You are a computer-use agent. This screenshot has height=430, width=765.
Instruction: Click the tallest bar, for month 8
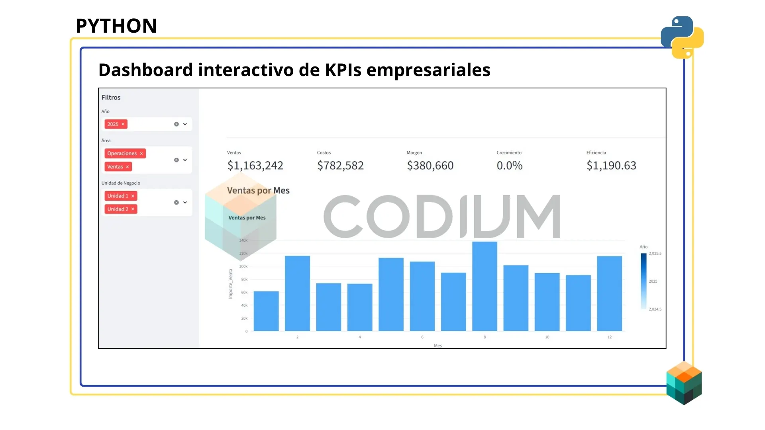pyautogui.click(x=484, y=286)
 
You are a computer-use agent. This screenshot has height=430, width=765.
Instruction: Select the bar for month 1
pyautogui.click(x=266, y=311)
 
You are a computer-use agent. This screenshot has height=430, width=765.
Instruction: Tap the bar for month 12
pyautogui.click(x=609, y=293)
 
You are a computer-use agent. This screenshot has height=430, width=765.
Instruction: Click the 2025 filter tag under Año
pyautogui.click(x=113, y=124)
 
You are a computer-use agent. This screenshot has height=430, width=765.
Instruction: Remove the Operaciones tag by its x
pyautogui.click(x=141, y=154)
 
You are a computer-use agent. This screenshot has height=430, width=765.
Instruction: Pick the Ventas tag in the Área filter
pyautogui.click(x=115, y=167)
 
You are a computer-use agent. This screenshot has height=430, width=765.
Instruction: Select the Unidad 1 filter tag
pyautogui.click(x=118, y=196)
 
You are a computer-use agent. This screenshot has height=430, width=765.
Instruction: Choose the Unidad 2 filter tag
pyautogui.click(x=118, y=209)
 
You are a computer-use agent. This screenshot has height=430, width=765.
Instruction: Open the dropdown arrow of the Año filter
pyautogui.click(x=185, y=124)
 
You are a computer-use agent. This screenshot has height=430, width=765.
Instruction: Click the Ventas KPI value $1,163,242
pyautogui.click(x=255, y=166)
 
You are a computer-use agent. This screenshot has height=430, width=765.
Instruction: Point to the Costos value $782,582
pyautogui.click(x=340, y=166)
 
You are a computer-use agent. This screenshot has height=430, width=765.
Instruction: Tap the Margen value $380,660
pyautogui.click(x=430, y=166)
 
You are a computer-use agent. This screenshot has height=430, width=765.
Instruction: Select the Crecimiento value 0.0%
pyautogui.click(x=509, y=166)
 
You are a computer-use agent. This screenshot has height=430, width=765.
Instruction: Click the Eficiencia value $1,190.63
pyautogui.click(x=611, y=166)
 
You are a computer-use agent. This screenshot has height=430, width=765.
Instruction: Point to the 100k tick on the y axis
pyautogui.click(x=243, y=266)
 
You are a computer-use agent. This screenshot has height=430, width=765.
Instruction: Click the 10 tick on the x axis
pyautogui.click(x=547, y=337)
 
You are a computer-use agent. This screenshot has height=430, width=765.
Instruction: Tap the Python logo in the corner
pyautogui.click(x=682, y=37)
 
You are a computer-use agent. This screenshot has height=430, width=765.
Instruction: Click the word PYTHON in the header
pyautogui.click(x=116, y=26)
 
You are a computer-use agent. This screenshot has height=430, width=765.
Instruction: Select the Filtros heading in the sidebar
pyautogui.click(x=111, y=98)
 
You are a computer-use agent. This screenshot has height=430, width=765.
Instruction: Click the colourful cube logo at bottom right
pyautogui.click(x=684, y=383)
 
